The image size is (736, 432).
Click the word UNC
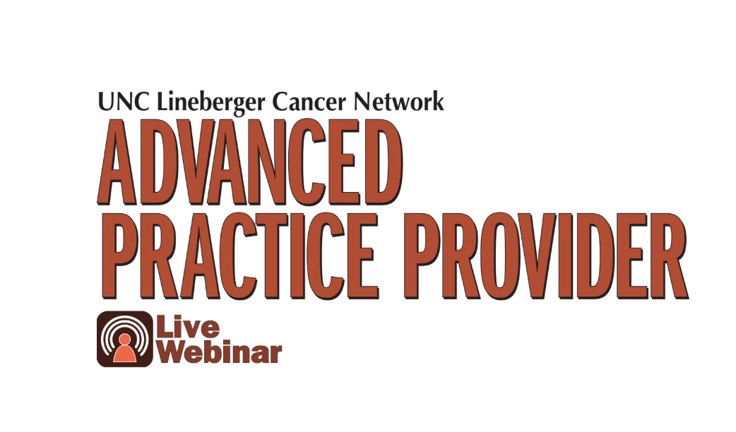[x=124, y=102]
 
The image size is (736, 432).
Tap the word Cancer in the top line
[x=309, y=102]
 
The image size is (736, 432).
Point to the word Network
[x=398, y=102]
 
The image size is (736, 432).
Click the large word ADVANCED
[x=250, y=162]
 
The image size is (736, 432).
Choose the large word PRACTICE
[x=240, y=256]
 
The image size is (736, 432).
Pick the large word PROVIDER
[x=547, y=256]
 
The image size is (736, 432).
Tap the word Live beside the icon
[x=188, y=328]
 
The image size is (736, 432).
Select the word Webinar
[x=219, y=352]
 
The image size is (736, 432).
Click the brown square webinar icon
[x=125, y=339]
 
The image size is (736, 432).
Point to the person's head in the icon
[x=125, y=339]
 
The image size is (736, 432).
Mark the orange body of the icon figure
[x=125, y=354]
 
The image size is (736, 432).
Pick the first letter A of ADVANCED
[x=117, y=162]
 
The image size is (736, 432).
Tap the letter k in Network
[x=436, y=102]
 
